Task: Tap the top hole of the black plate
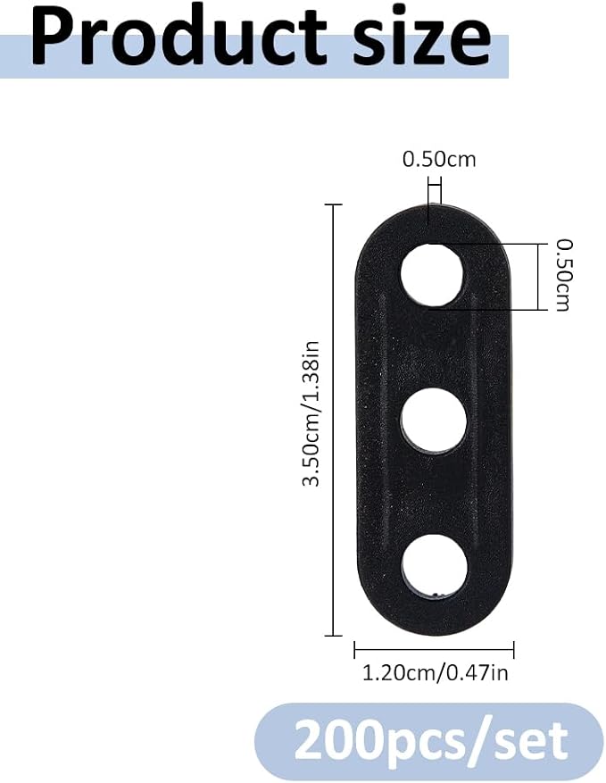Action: tap(433, 274)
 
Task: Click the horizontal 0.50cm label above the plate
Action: tap(439, 159)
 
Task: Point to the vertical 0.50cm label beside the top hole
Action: tap(564, 275)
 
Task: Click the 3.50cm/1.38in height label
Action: tap(312, 413)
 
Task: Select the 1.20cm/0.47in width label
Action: tap(435, 673)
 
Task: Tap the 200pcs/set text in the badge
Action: tap(430, 739)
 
